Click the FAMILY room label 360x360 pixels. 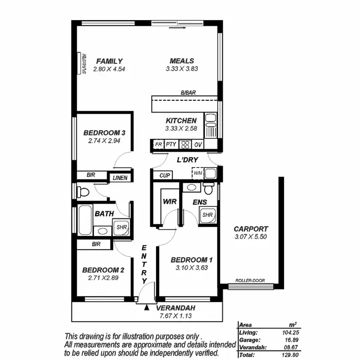(109, 61)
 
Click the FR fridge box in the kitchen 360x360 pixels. (158, 144)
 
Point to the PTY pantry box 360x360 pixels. (171, 144)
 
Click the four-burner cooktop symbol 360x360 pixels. (185, 144)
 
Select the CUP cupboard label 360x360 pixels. (165, 176)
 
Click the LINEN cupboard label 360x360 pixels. (120, 178)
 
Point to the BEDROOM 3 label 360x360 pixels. (104, 133)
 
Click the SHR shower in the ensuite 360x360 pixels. (207, 215)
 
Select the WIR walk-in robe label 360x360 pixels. (170, 202)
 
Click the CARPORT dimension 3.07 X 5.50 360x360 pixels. (251, 237)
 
